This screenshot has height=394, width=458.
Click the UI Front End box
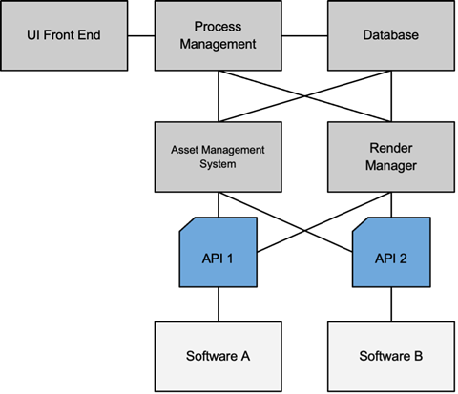64,35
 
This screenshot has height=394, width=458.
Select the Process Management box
219,35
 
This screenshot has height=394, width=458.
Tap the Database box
391,35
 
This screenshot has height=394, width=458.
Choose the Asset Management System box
219,157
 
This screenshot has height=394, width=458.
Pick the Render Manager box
391,157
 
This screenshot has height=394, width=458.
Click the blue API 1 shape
219,253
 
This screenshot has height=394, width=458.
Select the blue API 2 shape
391,253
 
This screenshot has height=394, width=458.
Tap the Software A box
219,357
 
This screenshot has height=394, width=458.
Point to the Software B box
391,357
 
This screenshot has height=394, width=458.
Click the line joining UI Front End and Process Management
141,36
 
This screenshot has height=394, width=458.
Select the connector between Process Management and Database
304,36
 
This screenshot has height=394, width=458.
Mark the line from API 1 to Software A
219,304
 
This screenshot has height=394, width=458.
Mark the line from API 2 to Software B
391,304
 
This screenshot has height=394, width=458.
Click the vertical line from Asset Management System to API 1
219,205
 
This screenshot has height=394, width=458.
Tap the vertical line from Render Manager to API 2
391,205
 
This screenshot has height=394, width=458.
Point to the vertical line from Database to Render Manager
391,96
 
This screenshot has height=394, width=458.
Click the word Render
391,148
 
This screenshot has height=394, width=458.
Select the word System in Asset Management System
218,164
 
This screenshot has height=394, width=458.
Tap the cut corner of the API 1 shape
187,224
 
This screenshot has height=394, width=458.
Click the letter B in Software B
418,356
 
